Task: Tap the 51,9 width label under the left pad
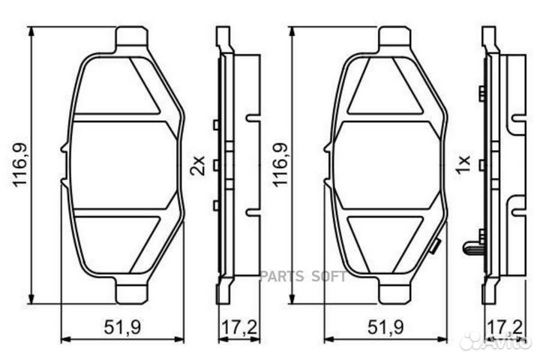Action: pos(122,327)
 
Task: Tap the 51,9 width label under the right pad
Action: pos(385,327)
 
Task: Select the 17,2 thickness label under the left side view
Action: pos(238,327)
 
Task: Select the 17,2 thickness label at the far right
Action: pos(505,327)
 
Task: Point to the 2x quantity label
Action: pos(198,166)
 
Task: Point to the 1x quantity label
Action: pos(463,165)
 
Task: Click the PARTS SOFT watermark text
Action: pos(303,276)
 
